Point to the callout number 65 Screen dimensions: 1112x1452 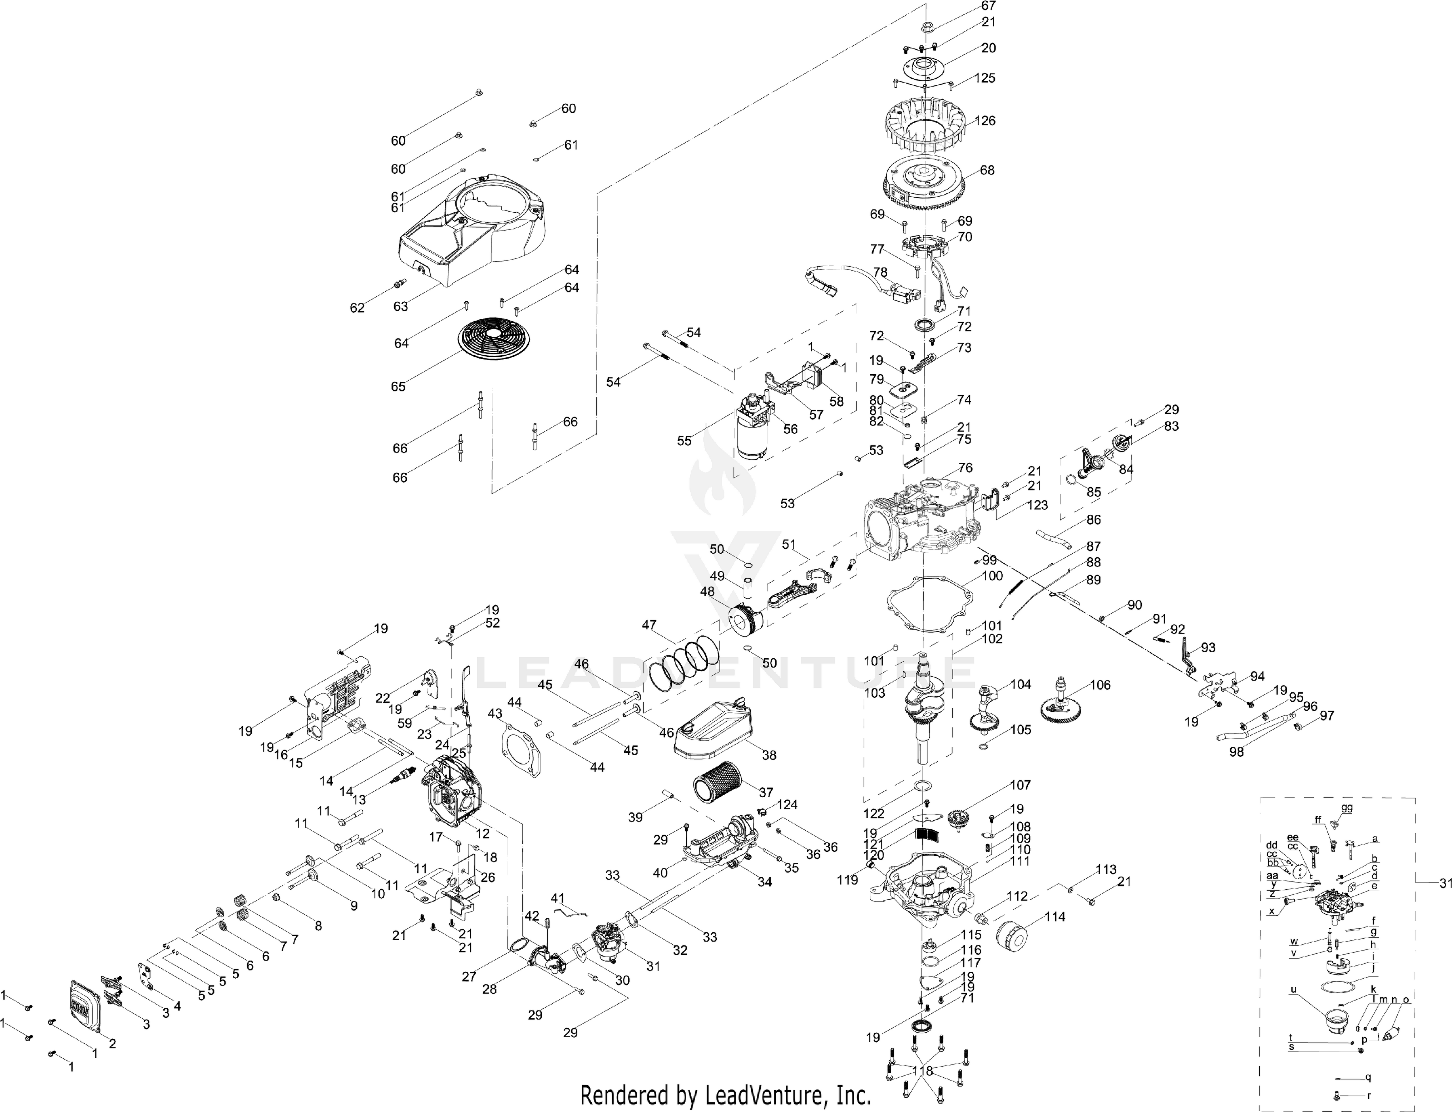tap(398, 386)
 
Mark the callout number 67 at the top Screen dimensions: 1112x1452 tap(988, 6)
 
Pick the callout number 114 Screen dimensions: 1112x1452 tap(1055, 918)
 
